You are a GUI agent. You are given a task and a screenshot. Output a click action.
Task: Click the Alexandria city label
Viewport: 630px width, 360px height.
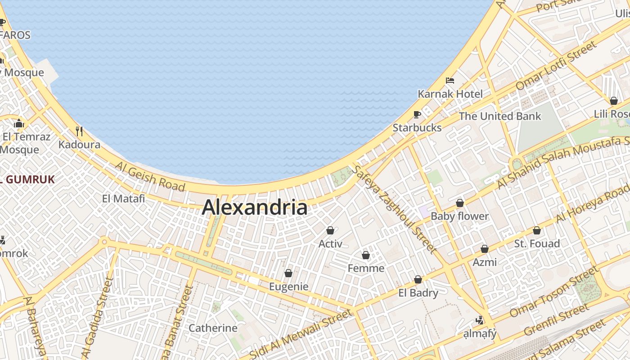pos(255,207)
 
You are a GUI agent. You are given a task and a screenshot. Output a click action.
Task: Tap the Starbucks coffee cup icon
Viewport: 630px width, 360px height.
pos(417,114)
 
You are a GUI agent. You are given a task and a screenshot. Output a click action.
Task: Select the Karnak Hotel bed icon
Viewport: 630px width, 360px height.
pos(450,81)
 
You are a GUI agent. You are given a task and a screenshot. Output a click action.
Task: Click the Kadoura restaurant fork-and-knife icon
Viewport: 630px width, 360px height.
pos(79,131)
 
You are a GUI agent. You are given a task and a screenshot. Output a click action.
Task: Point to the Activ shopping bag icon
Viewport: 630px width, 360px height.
pos(330,230)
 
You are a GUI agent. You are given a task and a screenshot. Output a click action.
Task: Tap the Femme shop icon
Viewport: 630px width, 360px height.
pos(366,255)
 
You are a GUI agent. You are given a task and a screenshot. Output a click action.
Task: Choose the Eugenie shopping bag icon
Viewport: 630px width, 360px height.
pos(288,273)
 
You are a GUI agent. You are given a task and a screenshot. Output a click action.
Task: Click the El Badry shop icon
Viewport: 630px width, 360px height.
pos(418,279)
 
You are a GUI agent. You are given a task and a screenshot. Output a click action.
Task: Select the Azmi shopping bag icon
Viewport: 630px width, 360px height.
pos(485,249)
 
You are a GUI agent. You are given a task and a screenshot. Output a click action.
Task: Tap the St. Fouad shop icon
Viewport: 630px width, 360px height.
pos(537,230)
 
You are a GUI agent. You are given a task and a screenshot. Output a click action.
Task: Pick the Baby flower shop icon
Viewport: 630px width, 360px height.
pos(460,203)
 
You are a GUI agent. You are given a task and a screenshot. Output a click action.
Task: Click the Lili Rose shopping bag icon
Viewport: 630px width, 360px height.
pos(613,101)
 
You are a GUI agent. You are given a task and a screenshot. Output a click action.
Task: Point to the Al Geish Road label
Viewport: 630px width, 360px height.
pos(150,176)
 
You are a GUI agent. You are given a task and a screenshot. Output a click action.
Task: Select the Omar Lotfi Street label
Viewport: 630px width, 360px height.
pos(556,65)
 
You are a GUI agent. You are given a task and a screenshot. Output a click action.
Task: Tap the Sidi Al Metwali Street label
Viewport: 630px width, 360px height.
pos(301,334)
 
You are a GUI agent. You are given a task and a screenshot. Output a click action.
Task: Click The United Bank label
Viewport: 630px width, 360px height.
pos(500,116)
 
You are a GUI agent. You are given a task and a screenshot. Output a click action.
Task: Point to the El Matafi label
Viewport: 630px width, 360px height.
pos(123,198)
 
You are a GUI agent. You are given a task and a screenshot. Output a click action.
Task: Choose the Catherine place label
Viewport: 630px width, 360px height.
pos(213,328)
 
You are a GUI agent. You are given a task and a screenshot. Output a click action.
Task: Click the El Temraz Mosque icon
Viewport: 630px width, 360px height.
pos(19,123)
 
